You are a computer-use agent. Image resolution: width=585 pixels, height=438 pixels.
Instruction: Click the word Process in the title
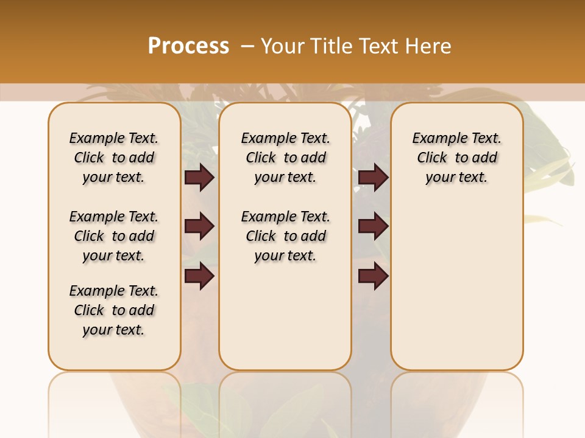[x=188, y=46]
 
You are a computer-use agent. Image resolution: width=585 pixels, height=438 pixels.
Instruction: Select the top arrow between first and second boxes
[x=199, y=177]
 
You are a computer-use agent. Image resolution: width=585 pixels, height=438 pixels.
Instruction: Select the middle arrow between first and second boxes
[x=199, y=226]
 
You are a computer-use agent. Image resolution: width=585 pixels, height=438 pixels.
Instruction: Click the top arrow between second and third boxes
[x=373, y=177]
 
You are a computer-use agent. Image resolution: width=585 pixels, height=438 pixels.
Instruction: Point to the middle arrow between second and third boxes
[x=373, y=226]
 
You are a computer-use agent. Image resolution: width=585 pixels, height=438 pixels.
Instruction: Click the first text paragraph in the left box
[x=114, y=158]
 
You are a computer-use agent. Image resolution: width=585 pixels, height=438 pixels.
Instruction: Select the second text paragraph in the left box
[x=114, y=236]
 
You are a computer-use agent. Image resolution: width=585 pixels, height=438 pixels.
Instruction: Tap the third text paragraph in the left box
[x=114, y=310]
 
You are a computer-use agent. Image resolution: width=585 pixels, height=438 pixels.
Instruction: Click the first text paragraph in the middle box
[x=286, y=158]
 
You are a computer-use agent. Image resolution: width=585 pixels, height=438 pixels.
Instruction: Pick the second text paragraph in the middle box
[x=286, y=236]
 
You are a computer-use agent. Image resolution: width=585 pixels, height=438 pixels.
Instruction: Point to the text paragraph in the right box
[x=457, y=158]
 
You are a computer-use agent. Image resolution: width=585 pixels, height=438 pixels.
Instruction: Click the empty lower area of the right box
[x=457, y=286]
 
